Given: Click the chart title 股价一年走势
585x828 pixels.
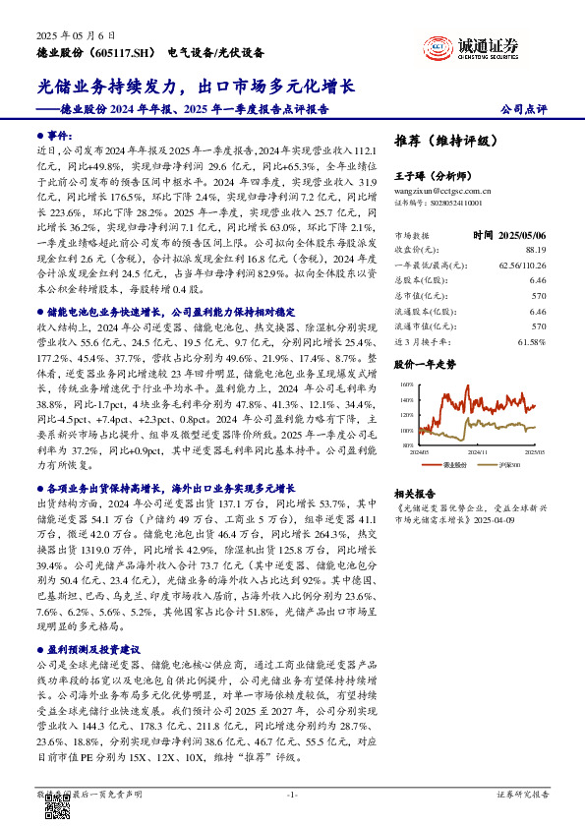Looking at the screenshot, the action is (425, 364).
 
